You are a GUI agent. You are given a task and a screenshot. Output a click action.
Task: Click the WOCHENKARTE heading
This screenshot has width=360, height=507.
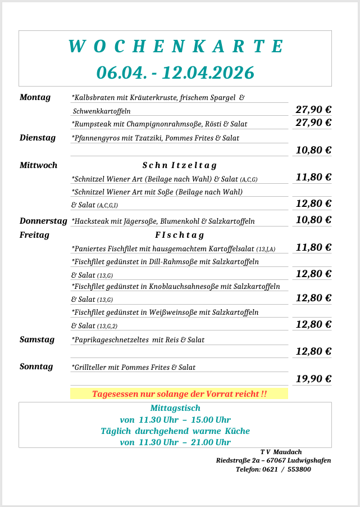[175, 47]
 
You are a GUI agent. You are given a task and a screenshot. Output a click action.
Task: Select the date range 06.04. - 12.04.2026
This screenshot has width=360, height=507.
[175, 73]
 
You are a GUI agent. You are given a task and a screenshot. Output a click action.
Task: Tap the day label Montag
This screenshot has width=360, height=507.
[35, 97]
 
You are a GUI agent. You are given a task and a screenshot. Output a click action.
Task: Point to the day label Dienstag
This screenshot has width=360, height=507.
[38, 137]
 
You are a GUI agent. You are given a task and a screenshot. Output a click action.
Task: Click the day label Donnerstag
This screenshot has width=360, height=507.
[43, 220]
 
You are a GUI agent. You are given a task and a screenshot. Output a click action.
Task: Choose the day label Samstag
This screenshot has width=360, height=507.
[37, 339]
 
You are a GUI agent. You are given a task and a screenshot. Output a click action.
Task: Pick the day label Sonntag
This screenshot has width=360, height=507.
[37, 366]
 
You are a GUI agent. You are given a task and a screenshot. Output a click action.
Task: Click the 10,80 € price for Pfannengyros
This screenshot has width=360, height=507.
[313, 150]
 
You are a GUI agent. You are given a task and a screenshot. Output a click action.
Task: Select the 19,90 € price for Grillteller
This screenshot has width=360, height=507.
[313, 379]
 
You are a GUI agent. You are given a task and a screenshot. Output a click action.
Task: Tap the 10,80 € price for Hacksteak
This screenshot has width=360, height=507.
[313, 220]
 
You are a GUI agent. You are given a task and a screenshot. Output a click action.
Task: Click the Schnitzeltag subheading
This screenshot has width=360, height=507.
[179, 165]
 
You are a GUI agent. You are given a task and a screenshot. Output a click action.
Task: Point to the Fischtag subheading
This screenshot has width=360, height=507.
[179, 235]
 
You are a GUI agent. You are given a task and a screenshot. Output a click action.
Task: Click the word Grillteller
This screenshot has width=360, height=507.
[89, 367]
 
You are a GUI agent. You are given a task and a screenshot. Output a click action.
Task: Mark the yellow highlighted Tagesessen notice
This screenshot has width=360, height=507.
[179, 394]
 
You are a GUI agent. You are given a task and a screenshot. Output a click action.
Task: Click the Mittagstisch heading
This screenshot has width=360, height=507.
[175, 408]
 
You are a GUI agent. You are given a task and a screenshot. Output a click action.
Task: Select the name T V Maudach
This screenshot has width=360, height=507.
[281, 452]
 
